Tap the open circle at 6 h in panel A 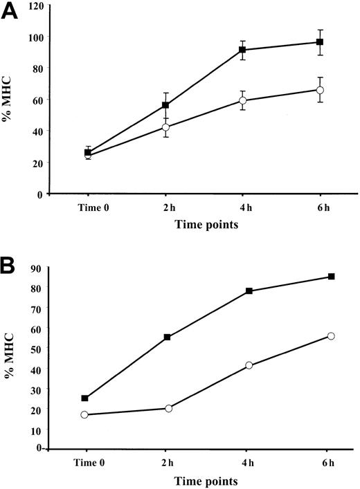tap(320, 90)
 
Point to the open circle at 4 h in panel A tap(242, 100)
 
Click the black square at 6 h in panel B tap(332, 277)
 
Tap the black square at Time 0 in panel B tap(84, 398)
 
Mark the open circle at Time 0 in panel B tap(84, 414)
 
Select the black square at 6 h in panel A tap(320, 42)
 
